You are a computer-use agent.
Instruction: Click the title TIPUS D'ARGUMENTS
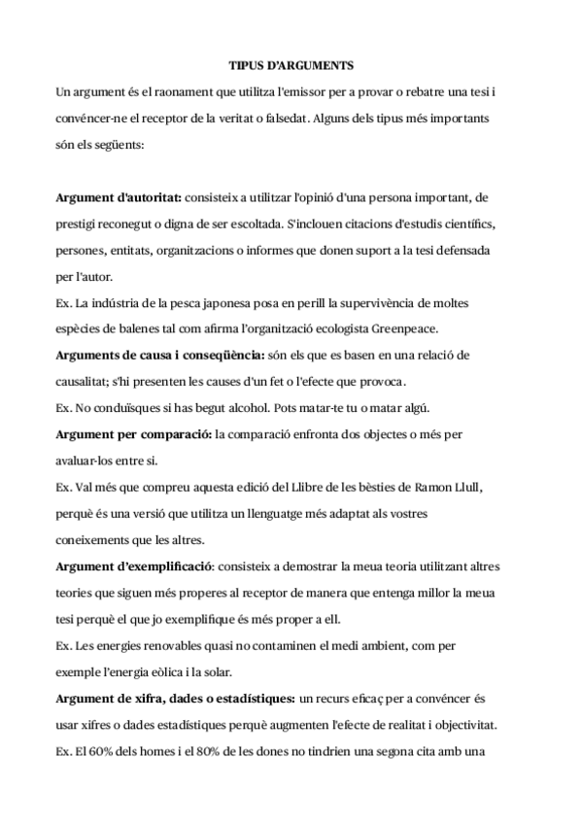[291, 66]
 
